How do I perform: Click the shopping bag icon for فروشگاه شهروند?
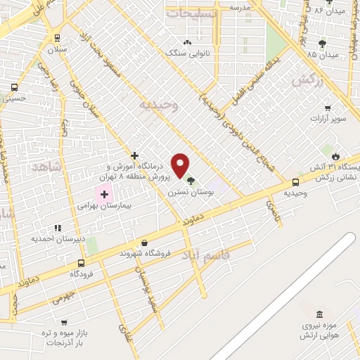tap(144, 243)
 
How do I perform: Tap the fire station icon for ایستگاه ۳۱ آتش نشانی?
tap(335, 156)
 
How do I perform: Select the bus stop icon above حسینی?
tap(14, 88)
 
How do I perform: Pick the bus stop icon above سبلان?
tap(56, 39)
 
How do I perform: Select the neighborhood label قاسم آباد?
tap(206, 253)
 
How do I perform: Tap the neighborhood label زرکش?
tap(307, 82)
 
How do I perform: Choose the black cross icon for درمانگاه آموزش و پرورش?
tap(134, 155)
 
